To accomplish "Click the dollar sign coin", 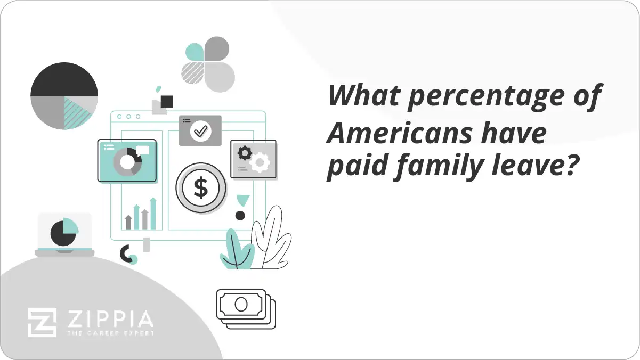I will tap(201, 188).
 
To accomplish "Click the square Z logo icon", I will tap(42, 322).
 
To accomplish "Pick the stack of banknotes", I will tap(246, 308).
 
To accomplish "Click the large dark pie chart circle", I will tap(64, 96).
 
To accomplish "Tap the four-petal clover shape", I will tap(208, 64).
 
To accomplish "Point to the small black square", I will tap(167, 101).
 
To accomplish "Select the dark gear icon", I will tap(245, 153).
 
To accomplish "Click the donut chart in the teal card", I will tap(127, 161).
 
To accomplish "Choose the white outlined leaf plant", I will tap(272, 238).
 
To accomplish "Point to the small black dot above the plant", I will tap(240, 216).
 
